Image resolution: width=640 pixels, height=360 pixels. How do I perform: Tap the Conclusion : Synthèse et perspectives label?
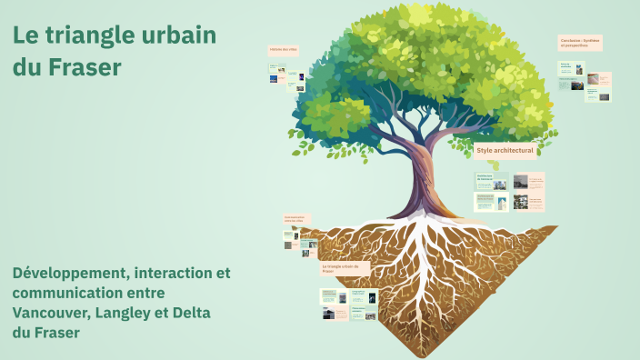580,43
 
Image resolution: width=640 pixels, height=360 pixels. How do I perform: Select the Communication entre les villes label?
296,219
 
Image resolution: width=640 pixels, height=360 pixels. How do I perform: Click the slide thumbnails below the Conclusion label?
585,81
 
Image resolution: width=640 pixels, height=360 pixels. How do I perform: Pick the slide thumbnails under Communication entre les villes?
299,240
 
